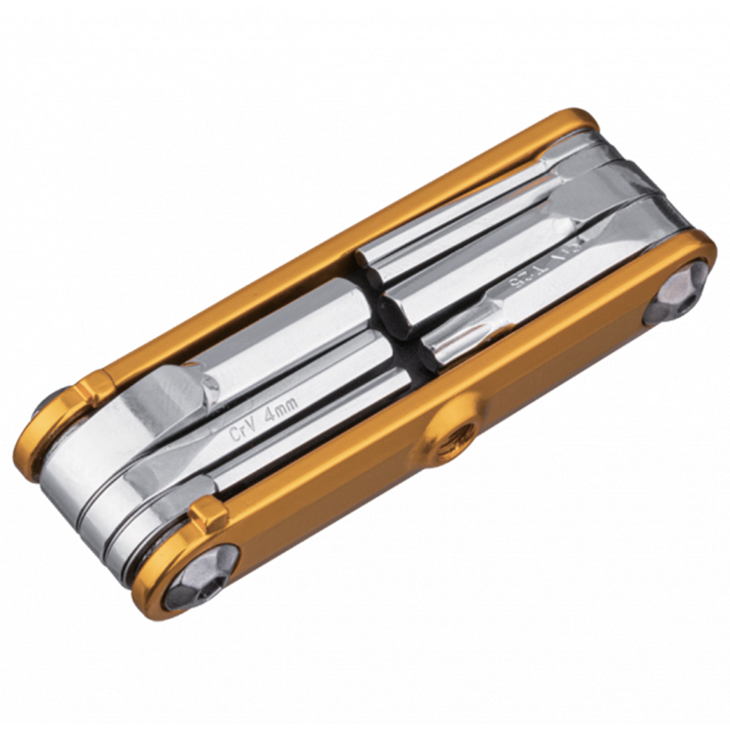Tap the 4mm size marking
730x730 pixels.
click(x=280, y=411)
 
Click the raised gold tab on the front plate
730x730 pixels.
click(x=209, y=513)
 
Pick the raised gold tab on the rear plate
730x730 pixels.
click(x=94, y=388)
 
